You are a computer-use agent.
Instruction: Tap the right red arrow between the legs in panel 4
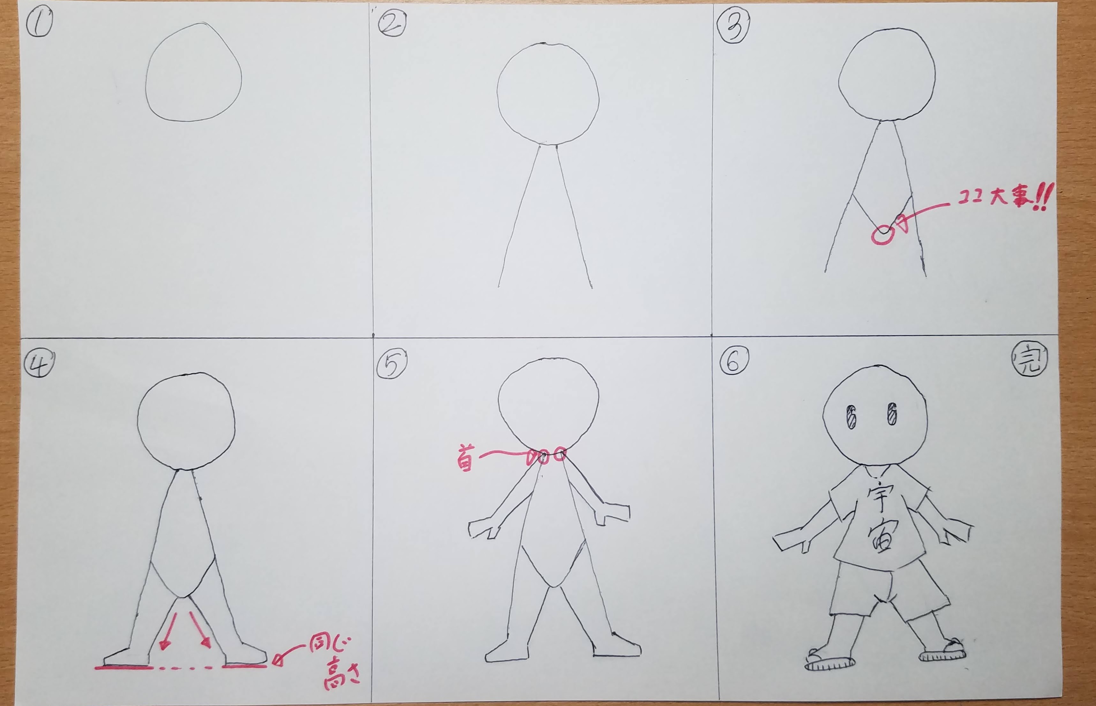coord(200,630)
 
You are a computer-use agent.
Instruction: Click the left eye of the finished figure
coord(851,416)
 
